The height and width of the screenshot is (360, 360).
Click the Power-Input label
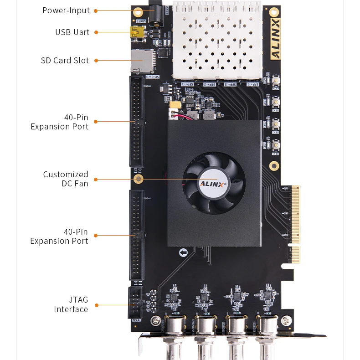66,10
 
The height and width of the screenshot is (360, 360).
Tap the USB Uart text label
72,32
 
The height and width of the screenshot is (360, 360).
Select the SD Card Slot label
65,61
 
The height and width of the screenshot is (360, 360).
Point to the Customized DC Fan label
66,179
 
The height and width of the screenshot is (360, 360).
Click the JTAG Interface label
71,304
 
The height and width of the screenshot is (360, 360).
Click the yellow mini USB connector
135,32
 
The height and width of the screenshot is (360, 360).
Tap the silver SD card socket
141,61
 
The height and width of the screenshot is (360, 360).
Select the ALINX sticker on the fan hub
214,183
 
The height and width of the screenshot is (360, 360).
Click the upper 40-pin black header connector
136,122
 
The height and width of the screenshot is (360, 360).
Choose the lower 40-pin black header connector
136,235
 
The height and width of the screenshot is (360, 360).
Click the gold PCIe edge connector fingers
295,223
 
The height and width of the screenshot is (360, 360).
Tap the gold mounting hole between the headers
140,179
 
